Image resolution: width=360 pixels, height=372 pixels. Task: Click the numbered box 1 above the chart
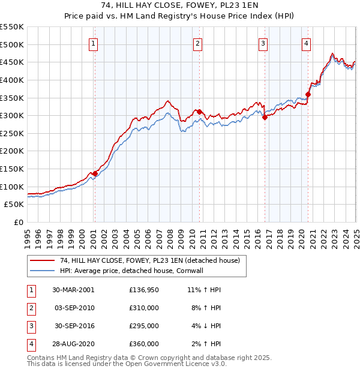94,43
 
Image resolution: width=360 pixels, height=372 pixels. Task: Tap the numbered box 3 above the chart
263,43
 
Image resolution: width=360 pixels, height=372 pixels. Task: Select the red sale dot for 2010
199,112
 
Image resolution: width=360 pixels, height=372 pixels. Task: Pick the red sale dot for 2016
265,117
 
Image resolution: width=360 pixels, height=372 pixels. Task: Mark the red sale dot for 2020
308,94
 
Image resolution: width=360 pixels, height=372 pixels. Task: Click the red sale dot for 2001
95,173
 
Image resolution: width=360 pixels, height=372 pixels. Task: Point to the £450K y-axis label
12,62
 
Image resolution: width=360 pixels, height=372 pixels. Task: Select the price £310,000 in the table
144,308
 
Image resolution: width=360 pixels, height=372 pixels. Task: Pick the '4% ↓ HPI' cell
205,326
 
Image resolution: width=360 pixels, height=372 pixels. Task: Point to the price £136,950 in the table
144,290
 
